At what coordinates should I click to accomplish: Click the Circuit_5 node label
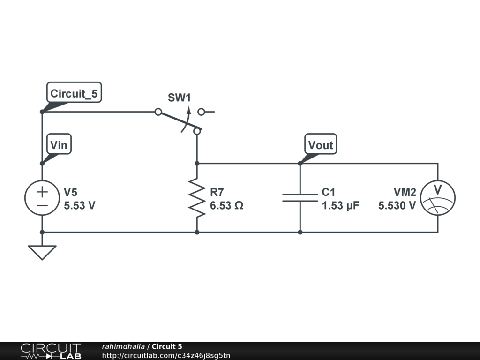pos(74,93)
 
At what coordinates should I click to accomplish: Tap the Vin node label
pos(59,145)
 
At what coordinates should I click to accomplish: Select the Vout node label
pos(321,145)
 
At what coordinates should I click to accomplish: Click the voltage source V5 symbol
pos(42,198)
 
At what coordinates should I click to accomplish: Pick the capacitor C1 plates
pos(300,198)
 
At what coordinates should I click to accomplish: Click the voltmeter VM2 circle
pos(438,198)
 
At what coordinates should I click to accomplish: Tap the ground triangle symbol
pos(42,252)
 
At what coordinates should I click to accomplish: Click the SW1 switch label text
pos(180,98)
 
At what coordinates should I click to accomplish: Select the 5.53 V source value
pos(80,205)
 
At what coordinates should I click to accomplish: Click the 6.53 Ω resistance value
pos(226,205)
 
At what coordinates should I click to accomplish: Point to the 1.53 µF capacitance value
pos(340,205)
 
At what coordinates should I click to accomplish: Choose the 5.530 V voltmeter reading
pos(397,205)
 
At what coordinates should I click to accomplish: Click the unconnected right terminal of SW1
pos(202,112)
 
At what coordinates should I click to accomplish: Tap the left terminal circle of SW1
pos(158,112)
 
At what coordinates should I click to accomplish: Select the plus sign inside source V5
pos(42,191)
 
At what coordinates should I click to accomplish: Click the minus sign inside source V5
pos(42,205)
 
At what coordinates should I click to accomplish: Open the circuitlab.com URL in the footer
pos(166,355)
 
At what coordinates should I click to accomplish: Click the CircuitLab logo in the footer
pos(51,351)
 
